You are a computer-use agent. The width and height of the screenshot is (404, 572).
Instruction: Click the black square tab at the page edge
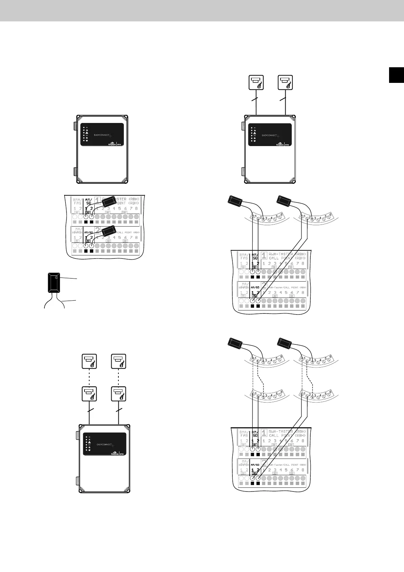coord(396,75)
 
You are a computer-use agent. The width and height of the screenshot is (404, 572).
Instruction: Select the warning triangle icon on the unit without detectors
coord(87,132)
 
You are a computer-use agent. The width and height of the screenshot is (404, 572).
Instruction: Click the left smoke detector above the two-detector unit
coord(256,83)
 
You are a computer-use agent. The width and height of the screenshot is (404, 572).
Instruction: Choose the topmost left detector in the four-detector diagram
coord(89,361)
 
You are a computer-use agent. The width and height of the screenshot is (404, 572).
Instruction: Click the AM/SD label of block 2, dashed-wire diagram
coord(255,465)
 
